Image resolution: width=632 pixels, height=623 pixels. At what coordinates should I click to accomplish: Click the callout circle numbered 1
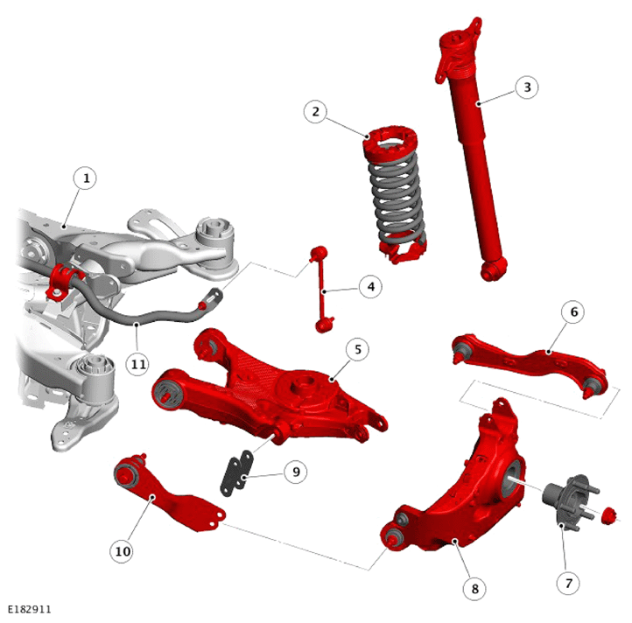[x=85, y=178]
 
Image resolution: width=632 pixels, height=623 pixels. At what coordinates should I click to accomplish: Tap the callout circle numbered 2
[x=316, y=112]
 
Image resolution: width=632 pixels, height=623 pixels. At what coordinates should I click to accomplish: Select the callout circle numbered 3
[x=527, y=87]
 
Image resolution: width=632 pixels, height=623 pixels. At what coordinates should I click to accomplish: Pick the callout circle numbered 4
[x=370, y=286]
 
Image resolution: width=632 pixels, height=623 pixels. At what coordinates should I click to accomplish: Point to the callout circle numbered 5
[x=357, y=349]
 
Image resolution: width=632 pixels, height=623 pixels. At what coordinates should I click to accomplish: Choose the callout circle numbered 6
[x=574, y=311]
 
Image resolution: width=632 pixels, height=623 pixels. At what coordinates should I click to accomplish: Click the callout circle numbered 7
[x=568, y=583]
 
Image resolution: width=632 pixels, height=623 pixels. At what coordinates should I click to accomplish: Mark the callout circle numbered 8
[x=474, y=588]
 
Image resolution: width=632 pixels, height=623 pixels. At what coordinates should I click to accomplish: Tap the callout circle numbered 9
[x=296, y=472]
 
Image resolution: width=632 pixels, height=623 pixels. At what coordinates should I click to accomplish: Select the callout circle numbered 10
[x=123, y=551]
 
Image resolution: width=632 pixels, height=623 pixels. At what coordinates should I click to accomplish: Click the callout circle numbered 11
[x=137, y=364]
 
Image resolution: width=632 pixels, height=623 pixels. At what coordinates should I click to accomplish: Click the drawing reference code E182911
[x=30, y=609]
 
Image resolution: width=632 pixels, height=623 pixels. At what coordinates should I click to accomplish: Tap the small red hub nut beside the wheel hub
[x=609, y=516]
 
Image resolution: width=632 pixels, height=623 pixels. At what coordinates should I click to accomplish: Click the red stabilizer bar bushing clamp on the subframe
[x=60, y=282]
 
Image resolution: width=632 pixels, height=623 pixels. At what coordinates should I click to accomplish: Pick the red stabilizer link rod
[x=322, y=290]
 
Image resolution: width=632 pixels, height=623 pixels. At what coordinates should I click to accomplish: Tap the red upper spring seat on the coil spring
[x=391, y=143]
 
